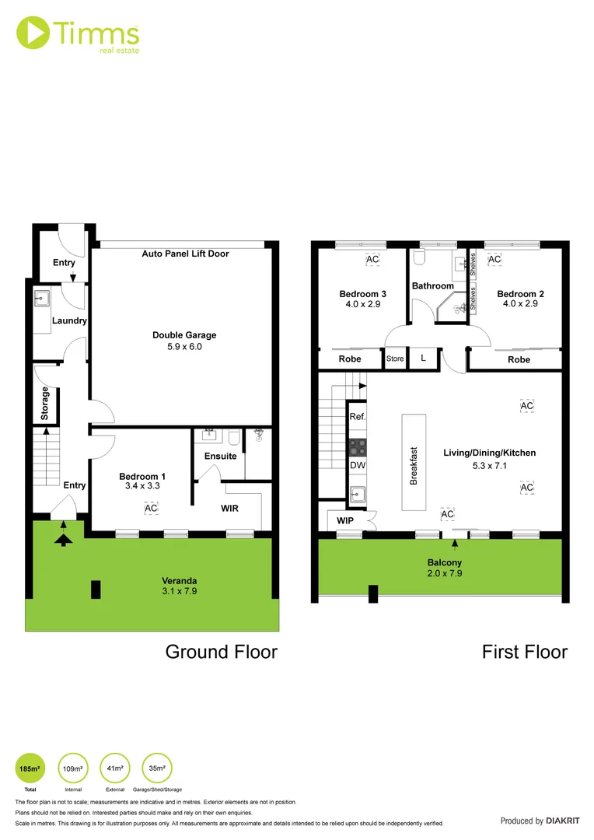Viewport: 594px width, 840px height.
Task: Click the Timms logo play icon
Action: (32, 32)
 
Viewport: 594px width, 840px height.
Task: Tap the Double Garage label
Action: (184, 335)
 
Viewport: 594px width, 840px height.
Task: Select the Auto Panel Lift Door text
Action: (185, 254)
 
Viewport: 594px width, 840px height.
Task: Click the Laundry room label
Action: (69, 320)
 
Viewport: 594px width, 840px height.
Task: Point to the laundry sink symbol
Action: (41, 298)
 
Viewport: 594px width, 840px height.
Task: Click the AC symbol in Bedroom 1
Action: (151, 508)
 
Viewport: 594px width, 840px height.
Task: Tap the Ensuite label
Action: (220, 456)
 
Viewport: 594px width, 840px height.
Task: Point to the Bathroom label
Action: (432, 286)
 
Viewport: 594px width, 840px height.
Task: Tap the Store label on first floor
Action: (395, 359)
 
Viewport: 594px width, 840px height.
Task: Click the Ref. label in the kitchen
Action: (357, 417)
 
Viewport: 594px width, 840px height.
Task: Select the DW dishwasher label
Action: (357, 465)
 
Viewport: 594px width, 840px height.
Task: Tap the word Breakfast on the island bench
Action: (414, 465)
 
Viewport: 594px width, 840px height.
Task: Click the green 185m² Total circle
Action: (30, 768)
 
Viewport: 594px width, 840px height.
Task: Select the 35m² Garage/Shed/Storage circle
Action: (157, 768)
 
